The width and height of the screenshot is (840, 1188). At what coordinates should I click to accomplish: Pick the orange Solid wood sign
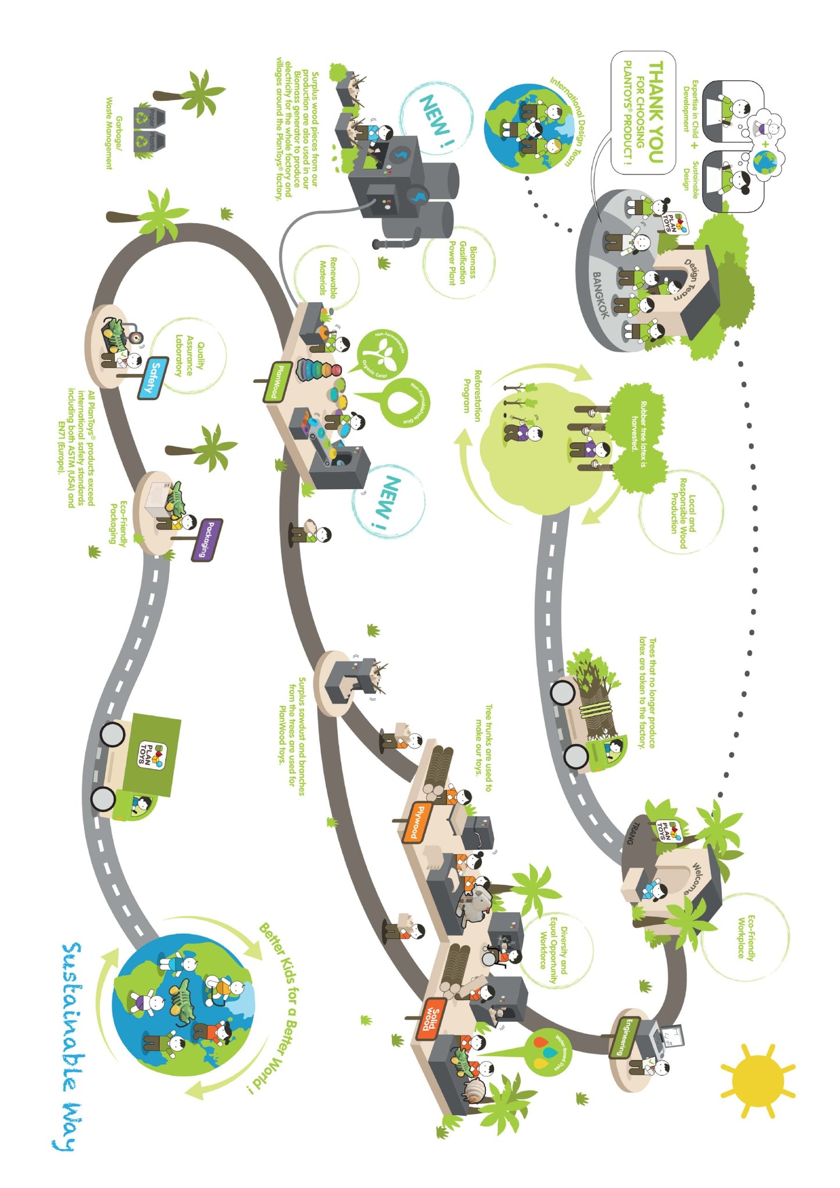coord(431,1018)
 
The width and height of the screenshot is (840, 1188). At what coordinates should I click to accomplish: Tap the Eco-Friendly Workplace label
coord(746,937)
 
